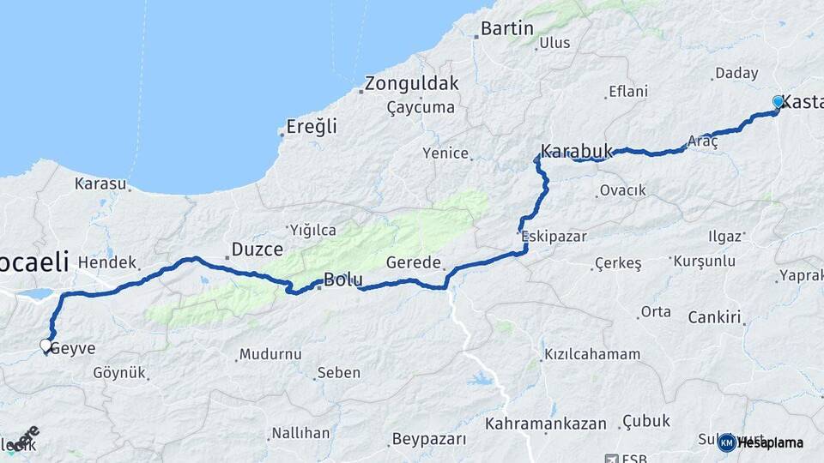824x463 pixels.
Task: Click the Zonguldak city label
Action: [x=411, y=84]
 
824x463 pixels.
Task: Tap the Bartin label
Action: [x=506, y=28]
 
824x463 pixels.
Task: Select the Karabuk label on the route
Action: [x=577, y=152]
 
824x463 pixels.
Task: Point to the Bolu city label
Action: [x=343, y=280]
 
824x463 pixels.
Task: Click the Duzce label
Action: [x=257, y=250]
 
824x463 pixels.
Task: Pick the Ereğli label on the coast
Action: [x=311, y=127]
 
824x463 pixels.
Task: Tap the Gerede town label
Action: [x=414, y=262]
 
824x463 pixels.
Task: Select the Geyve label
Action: [x=73, y=348]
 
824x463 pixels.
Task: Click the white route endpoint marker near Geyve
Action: [x=45, y=346]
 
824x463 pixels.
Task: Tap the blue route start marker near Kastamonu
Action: [x=779, y=102]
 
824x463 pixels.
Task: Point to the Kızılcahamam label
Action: [x=591, y=354]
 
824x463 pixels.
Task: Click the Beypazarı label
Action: [x=429, y=439]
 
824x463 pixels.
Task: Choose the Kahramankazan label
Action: [x=546, y=424]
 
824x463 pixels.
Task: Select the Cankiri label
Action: [x=714, y=317]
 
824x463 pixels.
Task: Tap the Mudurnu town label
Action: [x=270, y=354]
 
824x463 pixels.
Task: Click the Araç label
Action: [x=702, y=141]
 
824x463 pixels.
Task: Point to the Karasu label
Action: [x=100, y=183]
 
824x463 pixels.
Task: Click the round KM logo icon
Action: [x=727, y=442]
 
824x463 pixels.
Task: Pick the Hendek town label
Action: [x=107, y=262]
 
